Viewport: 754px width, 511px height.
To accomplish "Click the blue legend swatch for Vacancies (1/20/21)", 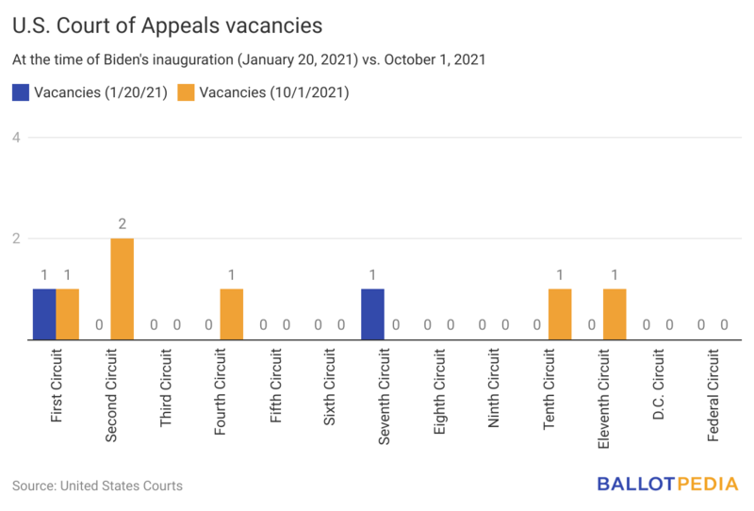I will [x=21, y=92].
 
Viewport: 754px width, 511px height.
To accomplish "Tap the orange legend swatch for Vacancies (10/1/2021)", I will [x=187, y=92].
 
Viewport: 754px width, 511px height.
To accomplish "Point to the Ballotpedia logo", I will [x=668, y=485].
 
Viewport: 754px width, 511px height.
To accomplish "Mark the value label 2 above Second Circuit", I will [x=123, y=224].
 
